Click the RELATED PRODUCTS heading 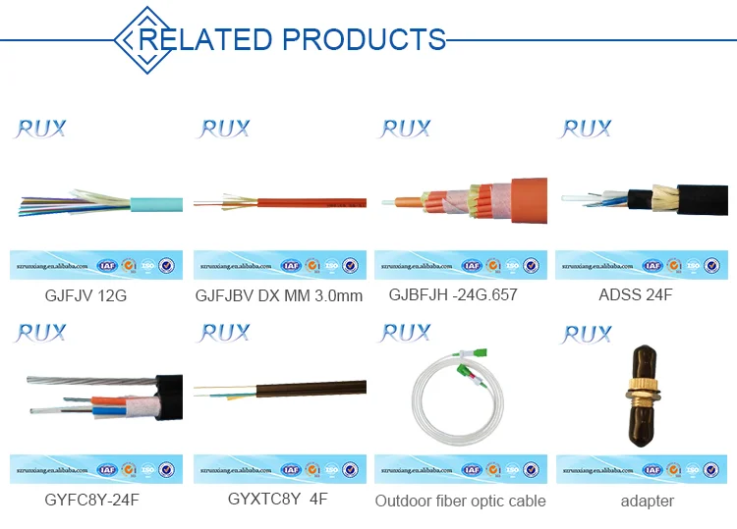[x=291, y=39]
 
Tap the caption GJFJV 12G [x=85, y=294]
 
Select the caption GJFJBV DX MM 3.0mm [x=279, y=294]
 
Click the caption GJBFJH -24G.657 [x=453, y=294]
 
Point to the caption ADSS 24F [x=635, y=294]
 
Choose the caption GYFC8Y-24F [x=91, y=500]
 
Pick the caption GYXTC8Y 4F [x=278, y=499]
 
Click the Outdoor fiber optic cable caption [x=460, y=501]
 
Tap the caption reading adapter [x=648, y=501]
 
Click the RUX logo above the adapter [x=587, y=335]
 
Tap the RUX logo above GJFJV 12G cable [x=39, y=129]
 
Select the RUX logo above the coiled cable [x=406, y=334]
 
